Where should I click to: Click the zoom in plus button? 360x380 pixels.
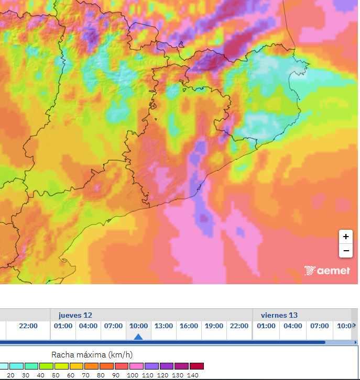coord(345,237)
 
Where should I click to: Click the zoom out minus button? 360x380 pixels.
coord(345,251)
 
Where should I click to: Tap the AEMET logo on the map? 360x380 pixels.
coord(327,271)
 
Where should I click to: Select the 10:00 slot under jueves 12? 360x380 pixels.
coord(138,326)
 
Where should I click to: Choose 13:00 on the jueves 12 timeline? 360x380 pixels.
coord(163,326)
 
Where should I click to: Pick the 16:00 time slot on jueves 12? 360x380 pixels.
coord(189,326)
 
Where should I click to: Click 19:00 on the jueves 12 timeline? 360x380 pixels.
coord(214,326)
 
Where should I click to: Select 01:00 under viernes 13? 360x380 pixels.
coord(266,326)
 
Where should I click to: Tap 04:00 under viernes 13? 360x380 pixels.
coord(292,326)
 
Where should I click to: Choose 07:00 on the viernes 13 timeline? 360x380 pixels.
coord(319,326)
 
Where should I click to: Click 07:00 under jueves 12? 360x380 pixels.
coord(113,326)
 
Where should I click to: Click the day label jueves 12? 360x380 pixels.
coord(75,315)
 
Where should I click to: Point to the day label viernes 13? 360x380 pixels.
coord(279,315)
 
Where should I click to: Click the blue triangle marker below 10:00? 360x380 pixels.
coord(138,337)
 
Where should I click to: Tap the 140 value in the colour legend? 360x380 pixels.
coord(192,375)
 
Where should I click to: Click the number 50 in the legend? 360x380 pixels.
coord(56,375)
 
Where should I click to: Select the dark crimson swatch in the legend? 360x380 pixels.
coord(197,366)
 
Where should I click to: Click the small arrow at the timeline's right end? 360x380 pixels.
coord(355,326)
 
